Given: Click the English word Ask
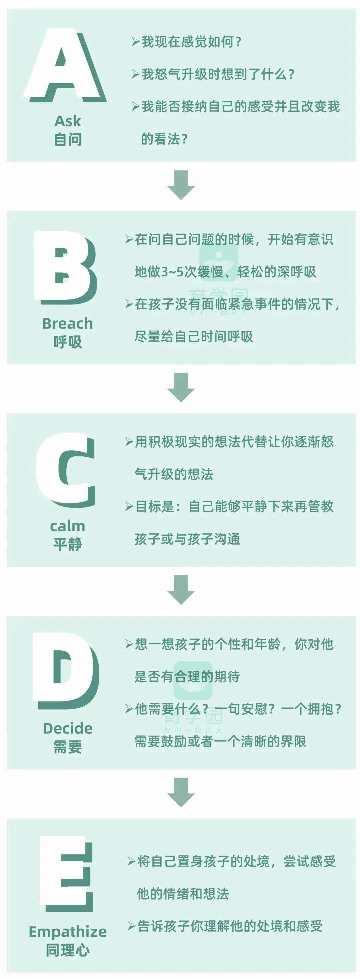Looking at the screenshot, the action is (68, 121).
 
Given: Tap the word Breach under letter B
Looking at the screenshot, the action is (68, 323).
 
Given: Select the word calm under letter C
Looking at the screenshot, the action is (68, 526).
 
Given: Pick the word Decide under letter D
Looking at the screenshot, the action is (68, 728).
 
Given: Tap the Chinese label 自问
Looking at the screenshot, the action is (68, 139).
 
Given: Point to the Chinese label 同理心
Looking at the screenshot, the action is (68, 950).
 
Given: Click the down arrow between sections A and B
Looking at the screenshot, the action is (181, 185).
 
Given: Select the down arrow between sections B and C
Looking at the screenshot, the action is (181, 387).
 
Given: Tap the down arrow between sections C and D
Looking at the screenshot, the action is (181, 590).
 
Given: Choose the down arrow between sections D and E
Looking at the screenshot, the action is (181, 792).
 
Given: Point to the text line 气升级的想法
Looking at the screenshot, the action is (174, 474).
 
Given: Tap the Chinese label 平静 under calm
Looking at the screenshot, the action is (68, 544).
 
